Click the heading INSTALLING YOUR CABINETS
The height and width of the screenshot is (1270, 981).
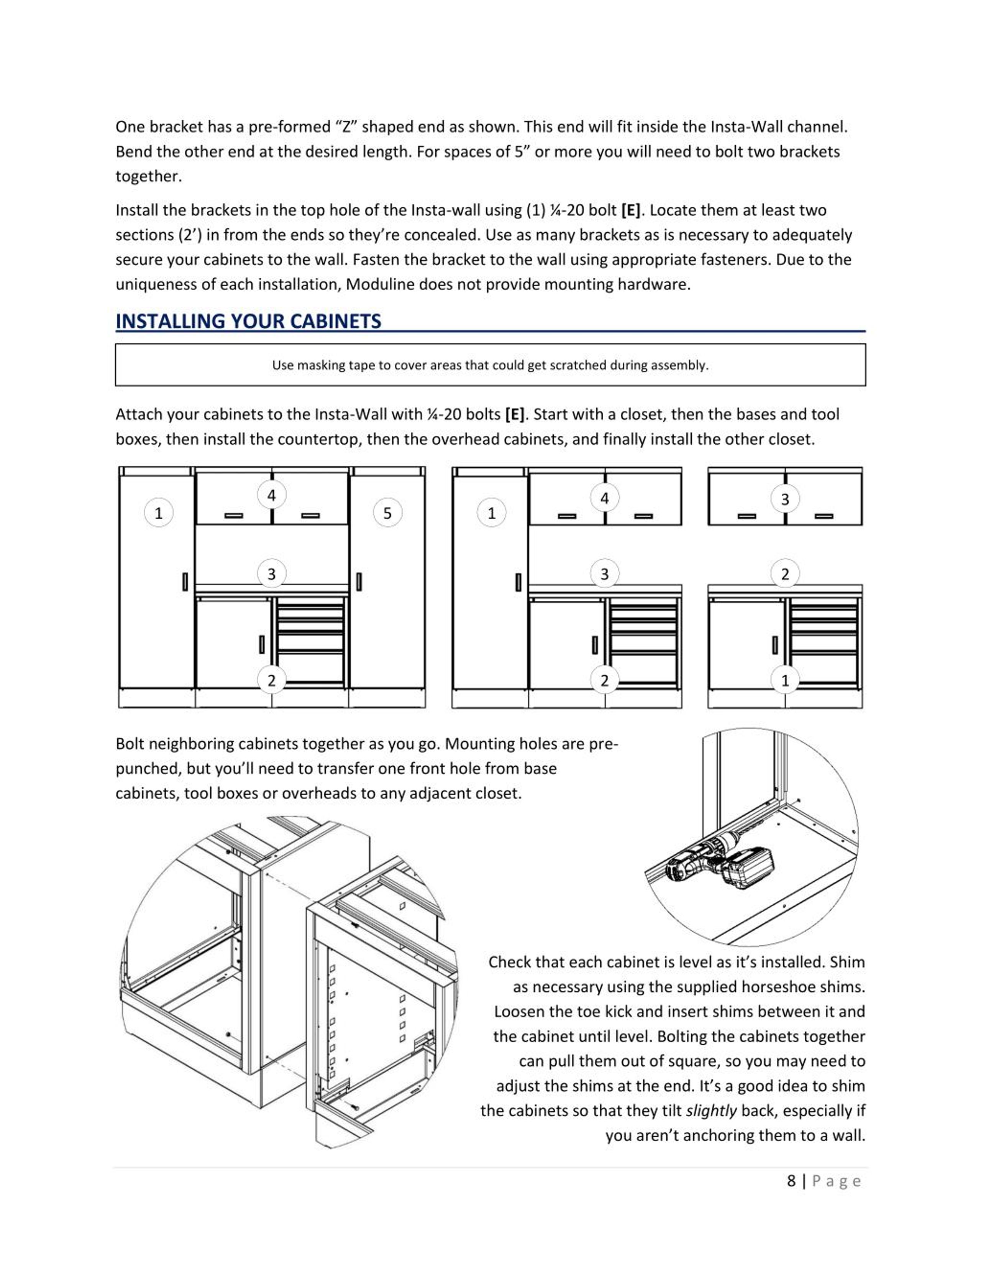[x=248, y=321]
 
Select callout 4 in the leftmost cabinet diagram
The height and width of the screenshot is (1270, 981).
[x=271, y=495]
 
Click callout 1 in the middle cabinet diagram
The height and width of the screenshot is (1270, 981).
[x=492, y=513]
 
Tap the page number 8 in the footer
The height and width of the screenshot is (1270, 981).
[x=791, y=1181]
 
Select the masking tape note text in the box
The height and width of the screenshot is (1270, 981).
[x=490, y=365]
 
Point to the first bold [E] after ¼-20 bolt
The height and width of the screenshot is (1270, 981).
[x=630, y=210]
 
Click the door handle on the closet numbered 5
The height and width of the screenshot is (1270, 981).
[x=359, y=582]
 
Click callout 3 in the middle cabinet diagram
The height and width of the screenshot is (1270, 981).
[x=604, y=574]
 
